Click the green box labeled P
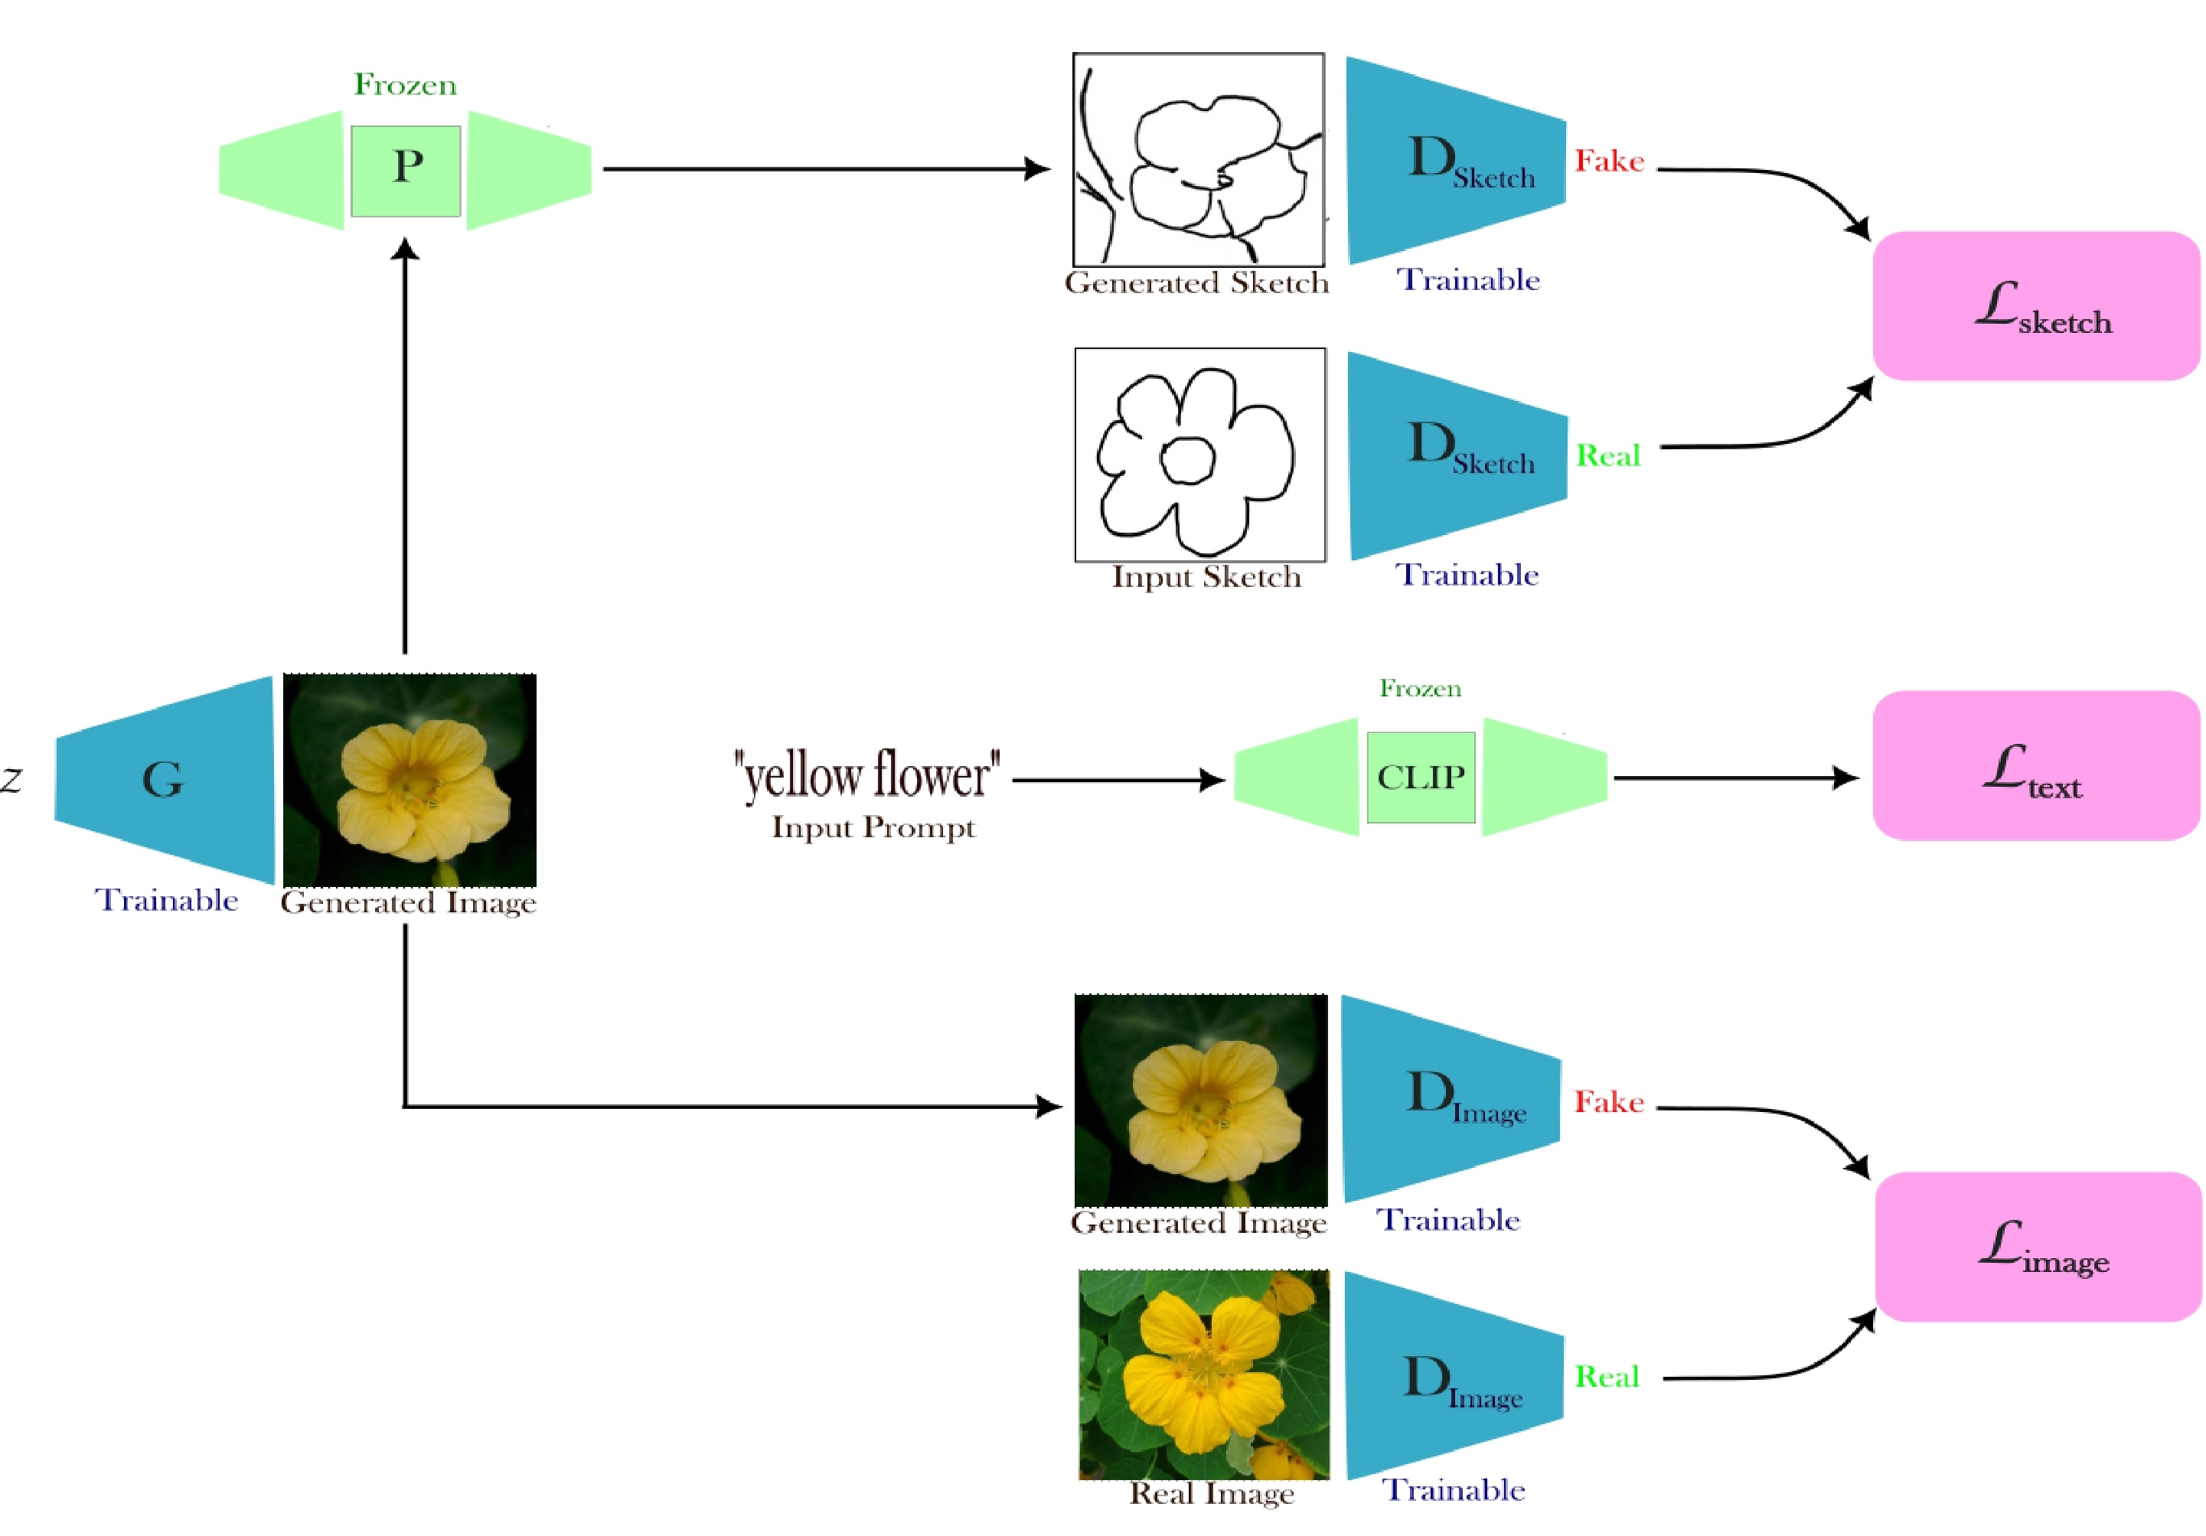[x=406, y=170]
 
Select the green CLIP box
[x=1420, y=777]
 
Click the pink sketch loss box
[x=2036, y=306]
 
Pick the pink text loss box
[x=2036, y=765]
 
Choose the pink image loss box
[x=2038, y=1246]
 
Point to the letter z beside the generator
[x=11, y=779]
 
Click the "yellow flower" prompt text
[x=866, y=775]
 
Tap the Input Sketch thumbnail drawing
[x=1200, y=455]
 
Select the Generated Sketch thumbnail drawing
[x=1198, y=159]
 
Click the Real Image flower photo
[x=1204, y=1375]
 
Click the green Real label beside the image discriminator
[x=1607, y=1378]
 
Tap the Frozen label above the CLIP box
[x=1420, y=689]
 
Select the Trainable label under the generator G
[x=166, y=900]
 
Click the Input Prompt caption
[x=873, y=827]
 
